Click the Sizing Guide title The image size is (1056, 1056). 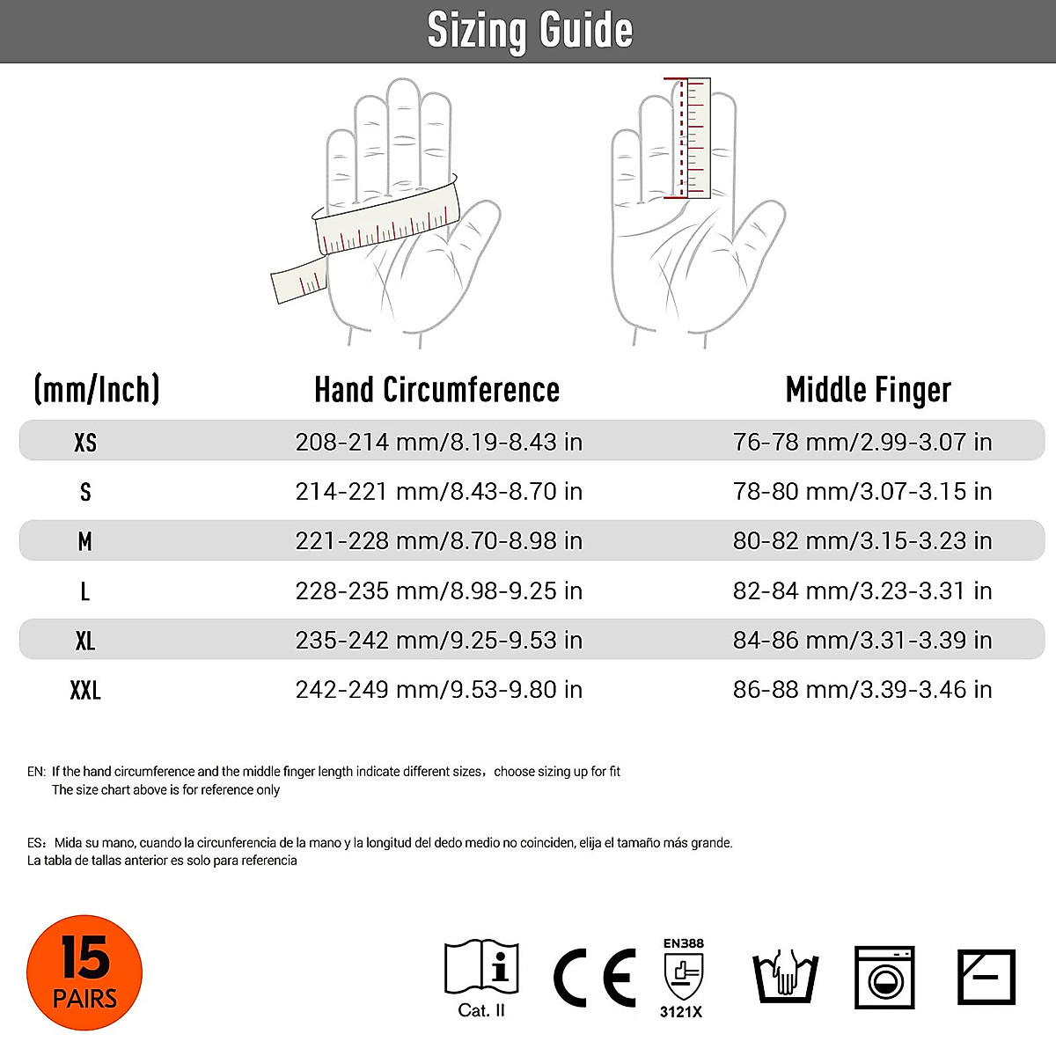tap(529, 31)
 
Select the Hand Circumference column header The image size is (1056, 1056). tap(436, 390)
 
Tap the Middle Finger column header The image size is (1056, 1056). tap(868, 390)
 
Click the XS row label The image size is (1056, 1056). tap(85, 442)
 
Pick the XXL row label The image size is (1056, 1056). tap(85, 690)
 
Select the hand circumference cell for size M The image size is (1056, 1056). tap(438, 540)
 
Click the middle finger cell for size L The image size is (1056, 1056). tap(862, 590)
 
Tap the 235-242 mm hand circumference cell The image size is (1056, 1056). tap(438, 640)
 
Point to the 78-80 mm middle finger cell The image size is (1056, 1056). tap(862, 491)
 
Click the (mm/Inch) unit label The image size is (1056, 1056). tap(97, 389)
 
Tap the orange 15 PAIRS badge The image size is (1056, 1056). tap(84, 972)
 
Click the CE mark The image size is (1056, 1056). tap(595, 978)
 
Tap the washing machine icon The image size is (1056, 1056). tap(884, 977)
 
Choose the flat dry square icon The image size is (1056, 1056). tap(986, 976)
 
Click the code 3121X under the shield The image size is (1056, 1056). tap(682, 1012)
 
